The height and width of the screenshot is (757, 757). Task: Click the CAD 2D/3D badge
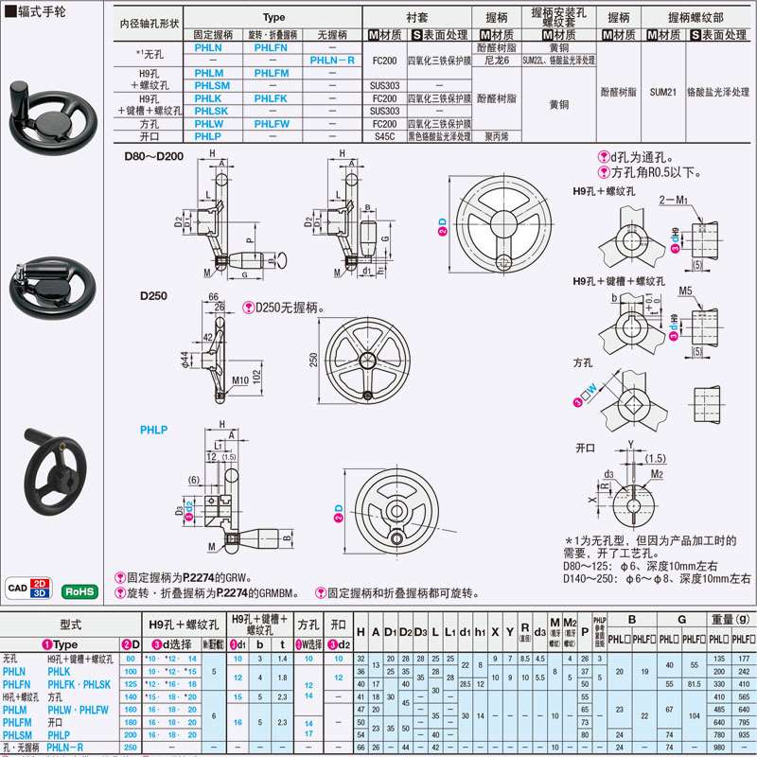coord(28,588)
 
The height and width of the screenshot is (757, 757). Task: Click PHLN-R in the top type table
coord(334,59)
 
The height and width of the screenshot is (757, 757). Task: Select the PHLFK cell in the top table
coord(272,97)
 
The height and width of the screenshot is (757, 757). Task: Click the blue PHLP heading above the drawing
coord(153,429)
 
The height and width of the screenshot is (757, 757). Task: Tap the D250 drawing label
coord(153,295)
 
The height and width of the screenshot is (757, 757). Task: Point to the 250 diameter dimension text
coord(313,361)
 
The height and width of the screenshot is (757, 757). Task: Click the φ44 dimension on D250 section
coord(185,361)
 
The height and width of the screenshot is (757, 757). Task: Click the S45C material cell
coord(384,136)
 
